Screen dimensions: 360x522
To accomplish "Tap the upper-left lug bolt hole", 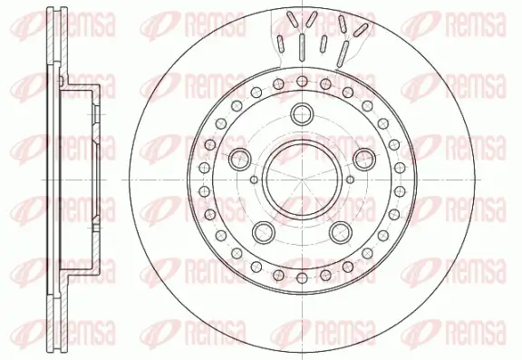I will click(x=241, y=160).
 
